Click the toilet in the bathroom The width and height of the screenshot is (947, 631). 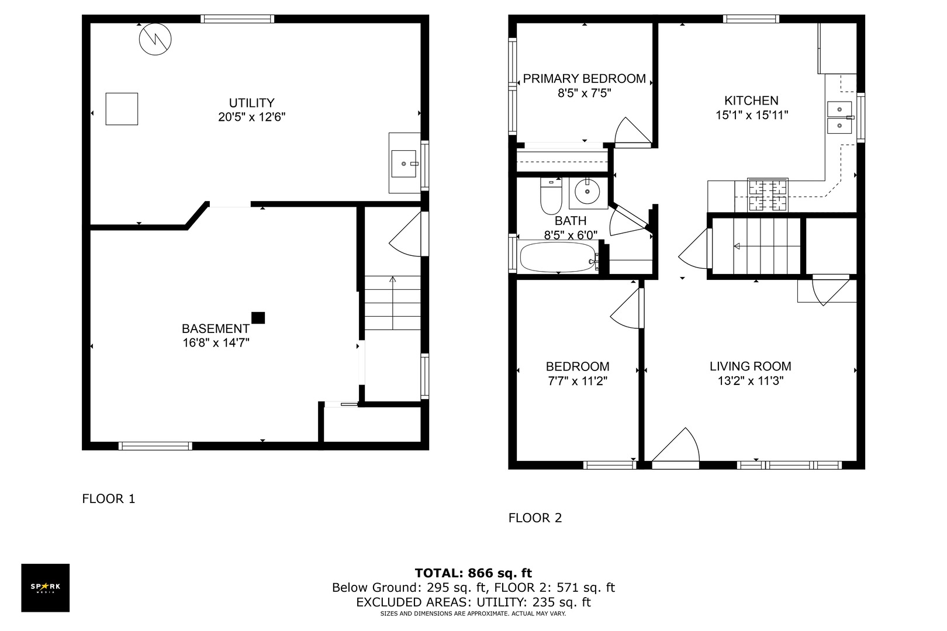pyautogui.click(x=551, y=196)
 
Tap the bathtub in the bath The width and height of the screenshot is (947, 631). pyautogui.click(x=557, y=258)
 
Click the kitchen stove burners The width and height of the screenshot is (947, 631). pyautogui.click(x=768, y=195)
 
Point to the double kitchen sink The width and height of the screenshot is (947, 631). pyautogui.click(x=839, y=117)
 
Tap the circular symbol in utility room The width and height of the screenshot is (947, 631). pyautogui.click(x=155, y=39)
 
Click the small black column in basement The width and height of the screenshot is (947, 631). pyautogui.click(x=258, y=318)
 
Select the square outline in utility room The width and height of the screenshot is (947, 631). pyautogui.click(x=122, y=109)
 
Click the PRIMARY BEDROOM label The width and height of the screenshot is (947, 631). pyautogui.click(x=584, y=78)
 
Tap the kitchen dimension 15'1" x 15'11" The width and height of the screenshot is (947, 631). pyautogui.click(x=751, y=115)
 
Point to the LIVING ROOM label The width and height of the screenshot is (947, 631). pyautogui.click(x=750, y=366)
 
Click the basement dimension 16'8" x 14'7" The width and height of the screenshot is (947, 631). pyautogui.click(x=216, y=343)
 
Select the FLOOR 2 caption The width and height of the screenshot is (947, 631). pyautogui.click(x=535, y=518)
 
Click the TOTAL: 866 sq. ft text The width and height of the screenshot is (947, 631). pyautogui.click(x=473, y=573)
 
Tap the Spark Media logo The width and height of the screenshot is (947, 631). pyautogui.click(x=46, y=588)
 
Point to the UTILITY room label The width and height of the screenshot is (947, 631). pyautogui.click(x=251, y=103)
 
